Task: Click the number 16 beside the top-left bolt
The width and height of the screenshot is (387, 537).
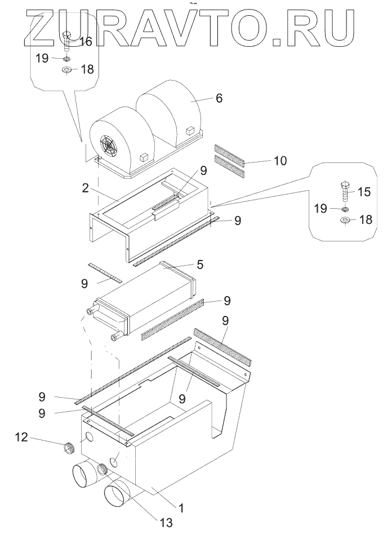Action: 86,42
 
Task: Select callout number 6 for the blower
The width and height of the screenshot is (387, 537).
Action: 219,98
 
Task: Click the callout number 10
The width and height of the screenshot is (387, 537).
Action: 280,160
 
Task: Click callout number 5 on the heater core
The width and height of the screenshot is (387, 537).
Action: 200,265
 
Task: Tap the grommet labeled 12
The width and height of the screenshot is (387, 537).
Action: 70,448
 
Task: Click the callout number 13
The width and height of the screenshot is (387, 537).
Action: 166,522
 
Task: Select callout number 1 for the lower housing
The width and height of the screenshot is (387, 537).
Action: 181,508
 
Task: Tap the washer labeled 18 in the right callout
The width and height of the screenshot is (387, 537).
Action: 345,219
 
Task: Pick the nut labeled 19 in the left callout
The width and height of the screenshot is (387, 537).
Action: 67,59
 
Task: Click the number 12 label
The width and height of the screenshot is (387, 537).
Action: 21,437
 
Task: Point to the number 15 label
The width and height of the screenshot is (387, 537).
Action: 364,192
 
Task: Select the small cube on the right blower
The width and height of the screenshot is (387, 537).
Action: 190,131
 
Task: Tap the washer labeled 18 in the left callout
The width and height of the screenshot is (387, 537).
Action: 66,70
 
